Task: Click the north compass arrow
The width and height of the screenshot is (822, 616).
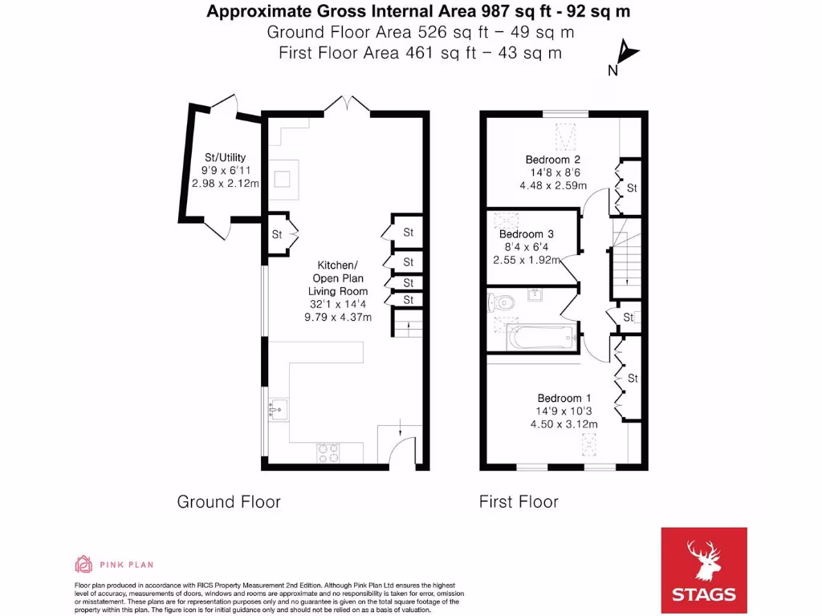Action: click(x=628, y=52)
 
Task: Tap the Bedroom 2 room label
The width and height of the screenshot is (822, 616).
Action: click(x=552, y=160)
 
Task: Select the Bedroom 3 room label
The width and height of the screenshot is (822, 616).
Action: click(x=526, y=234)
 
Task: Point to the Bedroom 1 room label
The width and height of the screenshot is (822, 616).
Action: click(x=564, y=398)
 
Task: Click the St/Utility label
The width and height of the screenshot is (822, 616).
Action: click(x=225, y=157)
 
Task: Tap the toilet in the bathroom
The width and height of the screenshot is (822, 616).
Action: click(x=502, y=302)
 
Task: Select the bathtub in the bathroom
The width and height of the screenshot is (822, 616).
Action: click(x=542, y=338)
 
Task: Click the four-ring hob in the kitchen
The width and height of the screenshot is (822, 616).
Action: click(x=328, y=453)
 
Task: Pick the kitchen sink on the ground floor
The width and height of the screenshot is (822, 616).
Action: click(x=278, y=409)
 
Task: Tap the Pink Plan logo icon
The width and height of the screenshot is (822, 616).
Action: click(x=83, y=564)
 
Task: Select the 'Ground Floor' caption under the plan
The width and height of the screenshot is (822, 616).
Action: click(x=229, y=502)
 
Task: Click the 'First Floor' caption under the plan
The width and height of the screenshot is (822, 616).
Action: click(x=519, y=502)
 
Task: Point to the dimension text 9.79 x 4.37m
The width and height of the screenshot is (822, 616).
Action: click(x=338, y=317)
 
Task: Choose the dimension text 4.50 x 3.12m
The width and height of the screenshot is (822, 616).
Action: click(x=564, y=424)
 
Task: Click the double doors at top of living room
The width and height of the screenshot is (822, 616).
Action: click(x=347, y=103)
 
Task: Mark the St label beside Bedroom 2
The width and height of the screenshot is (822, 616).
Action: click(x=632, y=188)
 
